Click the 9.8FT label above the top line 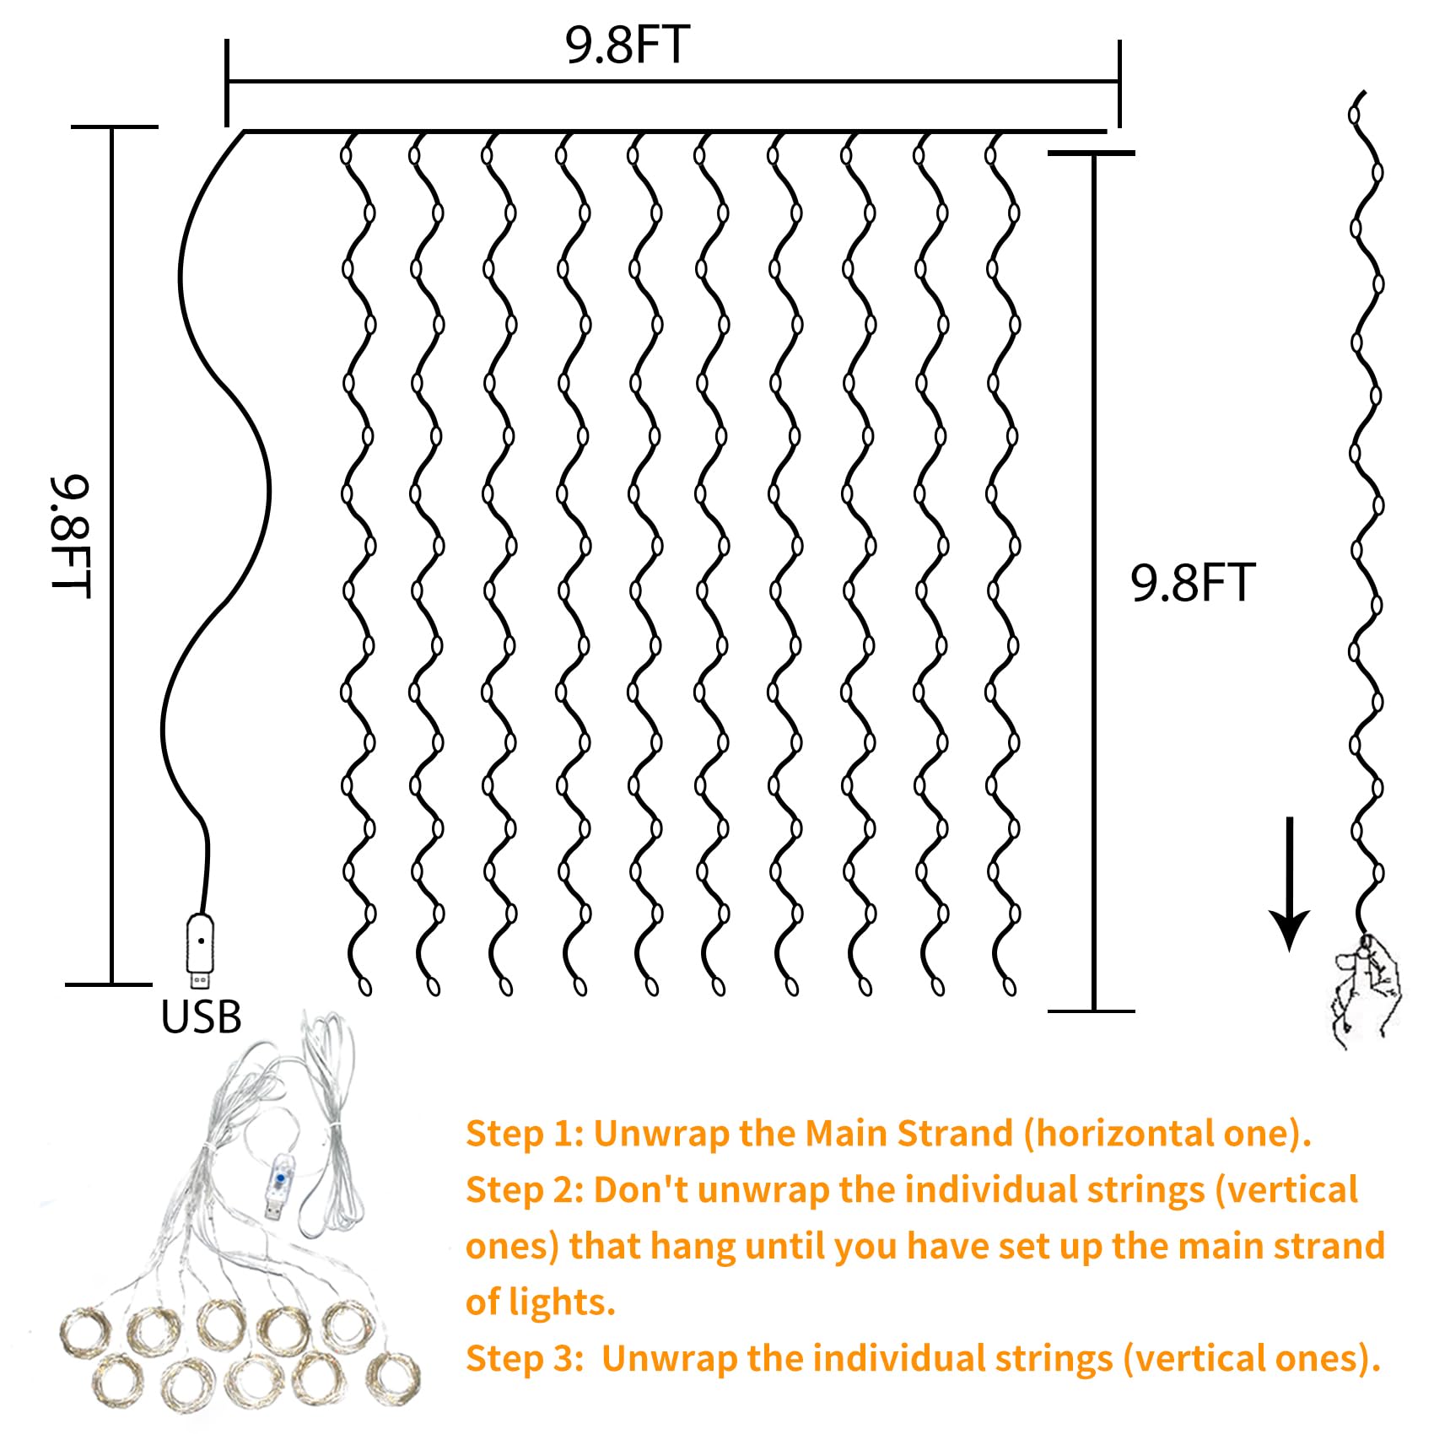628,46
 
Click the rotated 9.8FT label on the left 69,536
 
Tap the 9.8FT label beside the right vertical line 1193,583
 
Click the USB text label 201,1017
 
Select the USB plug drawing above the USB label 200,949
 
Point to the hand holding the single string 1367,991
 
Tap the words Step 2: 525,1190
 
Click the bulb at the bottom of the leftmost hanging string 365,986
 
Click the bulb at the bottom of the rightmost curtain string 1011,986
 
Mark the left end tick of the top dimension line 227,83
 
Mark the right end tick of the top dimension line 1119,83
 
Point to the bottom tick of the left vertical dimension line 111,984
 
